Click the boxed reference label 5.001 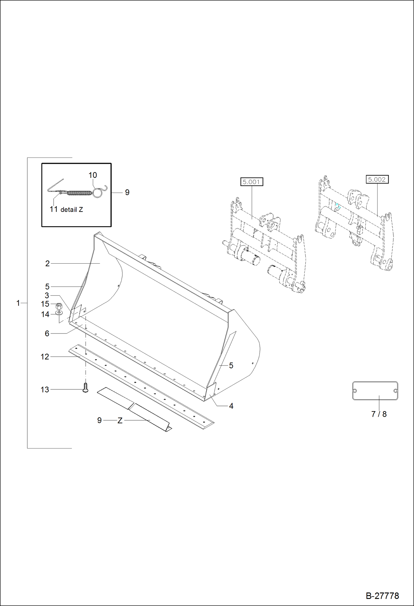251,182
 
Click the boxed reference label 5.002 377,179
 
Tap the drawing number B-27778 382,596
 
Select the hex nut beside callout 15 59,306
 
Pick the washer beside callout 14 59,313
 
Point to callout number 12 45,357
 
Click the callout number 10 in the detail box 93,175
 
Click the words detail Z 72,210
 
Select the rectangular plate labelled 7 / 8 375,391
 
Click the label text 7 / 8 379,414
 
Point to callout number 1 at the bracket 18,303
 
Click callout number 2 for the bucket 48,264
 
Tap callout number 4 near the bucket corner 231,406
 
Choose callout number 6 47,334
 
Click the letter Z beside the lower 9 120,421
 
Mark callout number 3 47,295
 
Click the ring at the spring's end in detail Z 98,193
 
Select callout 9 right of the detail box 127,192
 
